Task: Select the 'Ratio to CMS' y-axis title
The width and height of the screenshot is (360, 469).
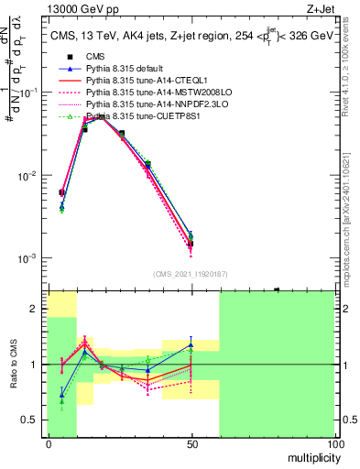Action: click(x=13, y=365)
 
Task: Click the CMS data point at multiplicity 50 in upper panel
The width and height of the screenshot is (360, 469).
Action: click(x=191, y=244)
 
